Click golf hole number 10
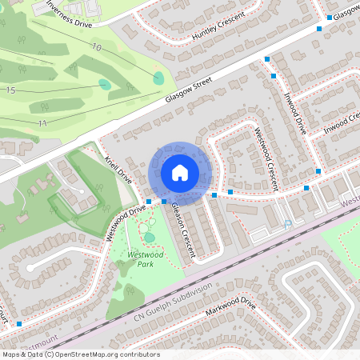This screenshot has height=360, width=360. pos(97,48)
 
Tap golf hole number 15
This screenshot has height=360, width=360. pos(10,91)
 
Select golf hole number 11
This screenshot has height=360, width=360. pos(42,122)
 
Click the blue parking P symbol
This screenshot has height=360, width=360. pos(287,226)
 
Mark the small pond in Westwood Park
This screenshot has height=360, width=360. pos(150,238)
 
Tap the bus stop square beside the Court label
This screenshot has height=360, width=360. pos(18,323)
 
